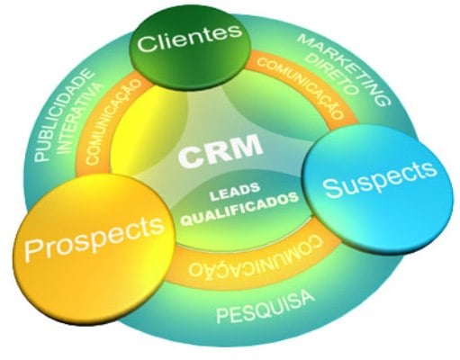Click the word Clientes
(190, 39)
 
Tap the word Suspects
(379, 179)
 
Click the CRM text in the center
(221, 151)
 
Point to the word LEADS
(234, 192)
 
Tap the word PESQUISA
(266, 307)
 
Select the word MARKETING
(345, 69)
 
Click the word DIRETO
(332, 76)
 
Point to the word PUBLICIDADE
(62, 115)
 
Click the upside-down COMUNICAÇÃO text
(256, 258)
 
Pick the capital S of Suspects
(330, 188)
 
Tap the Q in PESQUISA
(265, 309)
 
